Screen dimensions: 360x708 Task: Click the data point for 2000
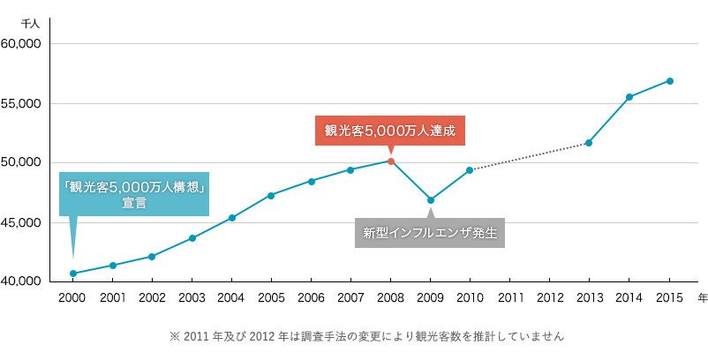click(72, 274)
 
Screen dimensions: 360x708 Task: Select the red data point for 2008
click(391, 161)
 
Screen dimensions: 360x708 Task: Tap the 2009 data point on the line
click(430, 200)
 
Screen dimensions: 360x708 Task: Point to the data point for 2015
click(670, 81)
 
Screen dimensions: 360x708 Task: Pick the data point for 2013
click(589, 143)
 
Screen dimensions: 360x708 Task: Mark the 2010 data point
click(470, 170)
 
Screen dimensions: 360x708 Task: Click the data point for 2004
click(231, 218)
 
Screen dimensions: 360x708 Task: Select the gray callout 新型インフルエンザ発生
click(430, 233)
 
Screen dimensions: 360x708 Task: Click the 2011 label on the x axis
click(509, 298)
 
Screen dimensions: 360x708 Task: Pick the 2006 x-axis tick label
click(311, 298)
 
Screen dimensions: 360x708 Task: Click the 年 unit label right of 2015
click(702, 298)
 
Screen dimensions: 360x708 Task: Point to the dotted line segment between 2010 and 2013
click(530, 156)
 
